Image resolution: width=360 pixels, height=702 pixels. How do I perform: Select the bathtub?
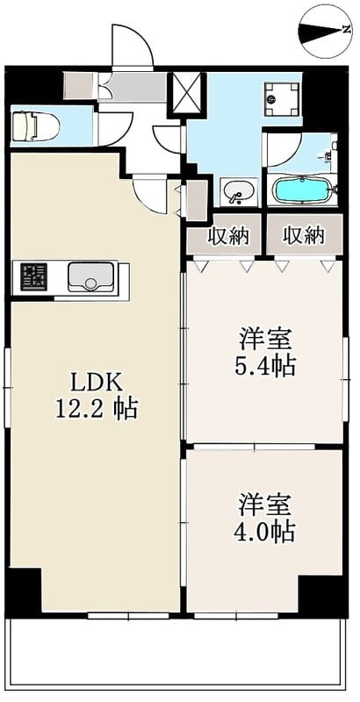point(301,190)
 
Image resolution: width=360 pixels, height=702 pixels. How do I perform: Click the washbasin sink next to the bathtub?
point(235,190)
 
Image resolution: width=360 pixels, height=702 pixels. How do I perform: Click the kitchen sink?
point(90,277)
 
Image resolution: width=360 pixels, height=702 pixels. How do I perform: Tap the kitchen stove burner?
point(34,277)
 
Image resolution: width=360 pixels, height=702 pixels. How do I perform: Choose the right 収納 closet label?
point(303,235)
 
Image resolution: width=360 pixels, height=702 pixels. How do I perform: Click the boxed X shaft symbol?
point(187,94)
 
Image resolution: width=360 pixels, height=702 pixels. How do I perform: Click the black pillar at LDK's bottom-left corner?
point(24,591)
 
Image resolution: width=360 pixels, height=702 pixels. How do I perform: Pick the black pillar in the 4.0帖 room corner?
point(320,594)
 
